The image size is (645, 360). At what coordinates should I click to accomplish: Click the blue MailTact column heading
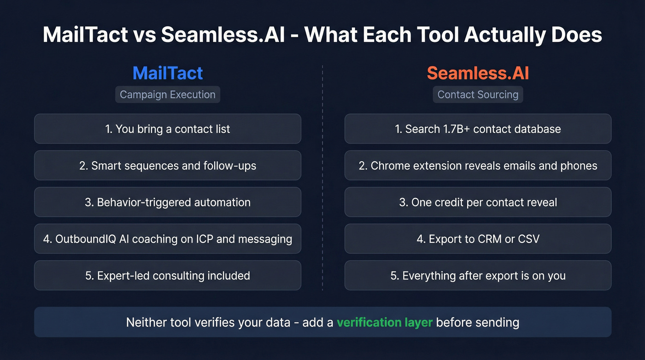(x=168, y=73)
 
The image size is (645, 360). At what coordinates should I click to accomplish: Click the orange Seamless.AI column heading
(x=478, y=73)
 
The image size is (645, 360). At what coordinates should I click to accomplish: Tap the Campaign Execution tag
(x=168, y=94)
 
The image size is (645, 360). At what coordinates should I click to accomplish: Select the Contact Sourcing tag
(x=478, y=94)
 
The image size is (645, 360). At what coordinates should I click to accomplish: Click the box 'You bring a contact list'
(x=168, y=129)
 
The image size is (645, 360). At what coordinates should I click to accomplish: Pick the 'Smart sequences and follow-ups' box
(x=168, y=165)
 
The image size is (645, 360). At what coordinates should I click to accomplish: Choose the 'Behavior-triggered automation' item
(x=168, y=202)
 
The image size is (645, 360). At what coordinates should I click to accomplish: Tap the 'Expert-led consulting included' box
(x=168, y=276)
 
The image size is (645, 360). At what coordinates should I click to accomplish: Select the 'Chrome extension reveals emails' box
(x=478, y=165)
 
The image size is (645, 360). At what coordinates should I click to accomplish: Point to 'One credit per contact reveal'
(x=478, y=202)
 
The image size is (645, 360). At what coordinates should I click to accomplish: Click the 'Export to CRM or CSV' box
(x=478, y=239)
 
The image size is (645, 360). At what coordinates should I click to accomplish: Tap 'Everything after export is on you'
(x=478, y=276)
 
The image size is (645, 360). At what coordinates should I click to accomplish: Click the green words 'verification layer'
(x=384, y=322)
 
